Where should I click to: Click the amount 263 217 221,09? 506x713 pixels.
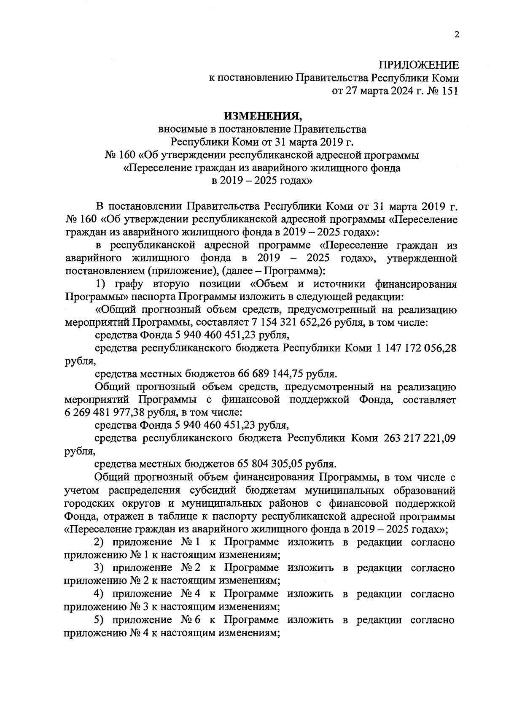pyautogui.click(x=420, y=438)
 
